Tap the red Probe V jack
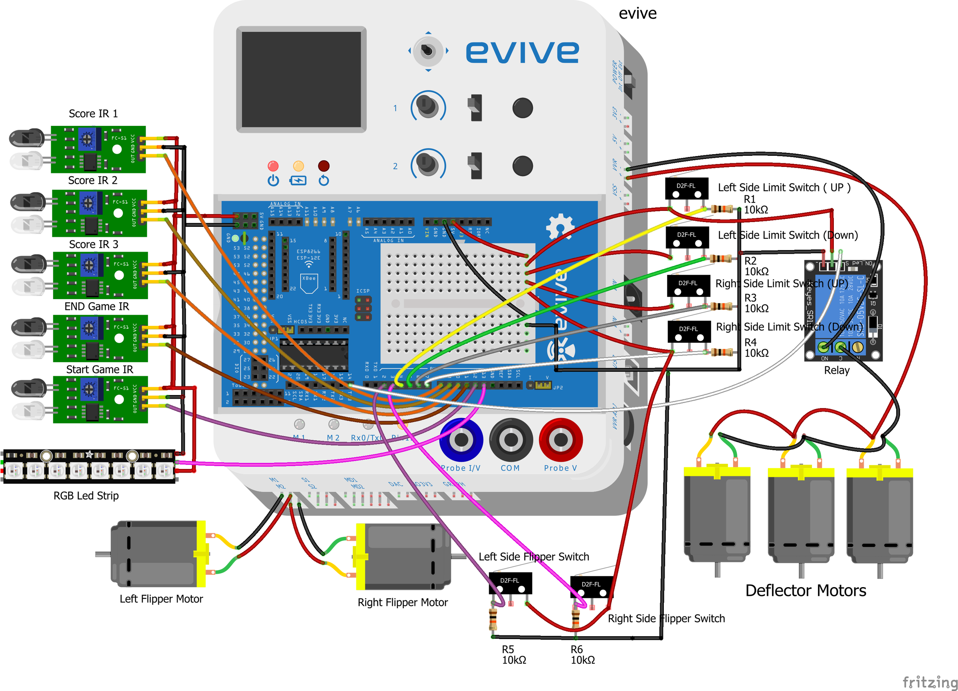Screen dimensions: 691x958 tap(560, 439)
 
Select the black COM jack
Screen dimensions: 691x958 tap(511, 439)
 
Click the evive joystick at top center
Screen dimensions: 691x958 tap(428, 51)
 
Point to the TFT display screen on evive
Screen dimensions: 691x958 tap(301, 79)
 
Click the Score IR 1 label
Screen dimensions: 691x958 tap(93, 114)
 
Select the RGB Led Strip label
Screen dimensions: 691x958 tap(86, 495)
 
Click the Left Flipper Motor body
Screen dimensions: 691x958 tap(156, 554)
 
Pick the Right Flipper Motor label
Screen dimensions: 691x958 tap(402, 602)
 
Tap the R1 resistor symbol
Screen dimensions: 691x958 tap(722, 209)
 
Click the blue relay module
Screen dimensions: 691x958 tap(843, 311)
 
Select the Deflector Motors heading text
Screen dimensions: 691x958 tap(805, 590)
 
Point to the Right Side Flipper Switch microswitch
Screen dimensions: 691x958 tap(591, 587)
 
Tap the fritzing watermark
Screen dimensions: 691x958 tap(929, 681)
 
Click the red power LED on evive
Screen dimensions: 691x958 tap(273, 166)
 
